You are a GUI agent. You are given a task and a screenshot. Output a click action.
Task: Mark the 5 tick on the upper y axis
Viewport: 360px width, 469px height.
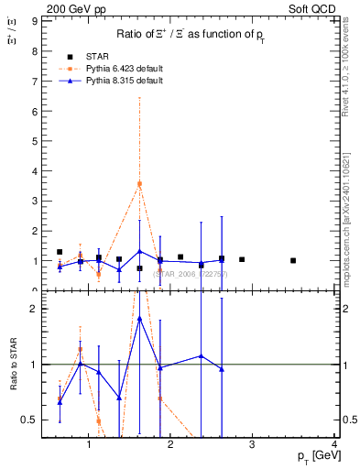click(x=35, y=141)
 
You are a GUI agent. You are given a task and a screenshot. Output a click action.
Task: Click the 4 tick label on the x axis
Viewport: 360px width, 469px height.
click(x=335, y=446)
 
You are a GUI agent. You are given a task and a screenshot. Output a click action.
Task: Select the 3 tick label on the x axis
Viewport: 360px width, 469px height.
click(x=253, y=446)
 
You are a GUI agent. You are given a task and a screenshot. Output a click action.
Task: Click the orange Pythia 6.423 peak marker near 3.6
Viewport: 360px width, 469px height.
click(x=139, y=183)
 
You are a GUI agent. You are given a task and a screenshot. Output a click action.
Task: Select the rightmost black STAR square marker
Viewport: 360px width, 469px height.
click(x=293, y=260)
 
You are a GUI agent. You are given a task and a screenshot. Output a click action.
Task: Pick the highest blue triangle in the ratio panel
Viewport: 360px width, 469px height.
click(x=139, y=319)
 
